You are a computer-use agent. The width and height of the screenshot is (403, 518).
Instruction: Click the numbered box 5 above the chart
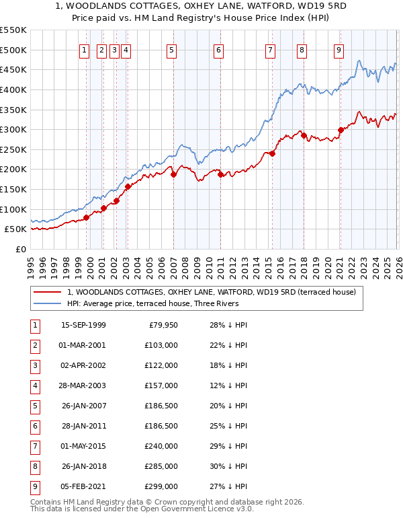[x=172, y=49]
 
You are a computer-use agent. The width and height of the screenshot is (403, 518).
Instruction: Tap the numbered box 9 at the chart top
[x=339, y=49]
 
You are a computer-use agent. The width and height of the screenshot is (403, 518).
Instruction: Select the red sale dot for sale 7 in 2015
[x=273, y=153]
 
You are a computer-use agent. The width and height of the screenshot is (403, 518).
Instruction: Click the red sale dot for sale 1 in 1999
[x=87, y=217]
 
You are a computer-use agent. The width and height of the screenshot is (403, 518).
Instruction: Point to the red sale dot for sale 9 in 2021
[x=341, y=130]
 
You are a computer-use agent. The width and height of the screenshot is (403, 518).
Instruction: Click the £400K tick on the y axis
[x=13, y=89]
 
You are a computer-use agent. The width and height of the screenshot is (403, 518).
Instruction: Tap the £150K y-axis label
[x=13, y=189]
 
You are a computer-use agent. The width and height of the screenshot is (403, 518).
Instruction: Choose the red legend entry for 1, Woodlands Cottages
[x=215, y=292]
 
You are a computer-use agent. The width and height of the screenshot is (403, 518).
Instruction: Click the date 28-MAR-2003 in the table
[x=83, y=385]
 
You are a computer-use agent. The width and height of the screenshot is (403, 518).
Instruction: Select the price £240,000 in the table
[x=161, y=446]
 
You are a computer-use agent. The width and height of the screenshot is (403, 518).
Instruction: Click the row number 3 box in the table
[x=34, y=365]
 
